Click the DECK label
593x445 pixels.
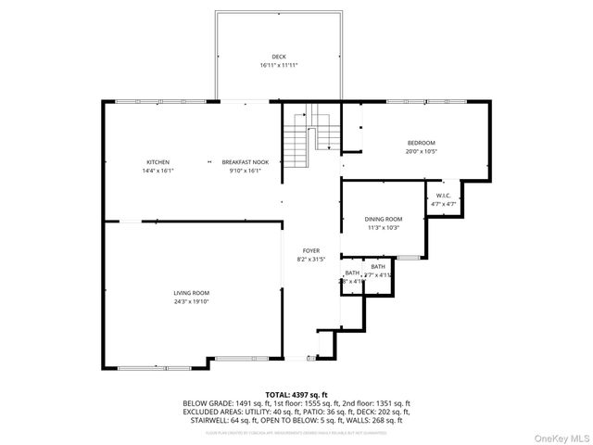(x=279, y=57)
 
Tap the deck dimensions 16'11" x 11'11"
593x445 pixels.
(x=279, y=66)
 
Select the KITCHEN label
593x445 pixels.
(x=158, y=162)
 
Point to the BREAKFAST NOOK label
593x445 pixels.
(x=246, y=162)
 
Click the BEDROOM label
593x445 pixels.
(x=421, y=143)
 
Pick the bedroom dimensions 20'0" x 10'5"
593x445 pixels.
(x=421, y=151)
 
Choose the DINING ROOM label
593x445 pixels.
(x=383, y=219)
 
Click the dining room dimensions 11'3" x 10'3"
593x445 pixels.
(x=383, y=227)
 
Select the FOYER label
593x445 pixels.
(x=312, y=251)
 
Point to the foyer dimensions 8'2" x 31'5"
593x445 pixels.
(x=312, y=260)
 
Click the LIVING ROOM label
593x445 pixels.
(x=191, y=293)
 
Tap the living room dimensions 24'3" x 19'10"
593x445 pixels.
(x=191, y=301)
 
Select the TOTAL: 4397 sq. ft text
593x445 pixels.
(x=296, y=395)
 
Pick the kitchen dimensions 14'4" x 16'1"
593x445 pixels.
(x=158, y=171)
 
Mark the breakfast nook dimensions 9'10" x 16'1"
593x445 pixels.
(x=246, y=171)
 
